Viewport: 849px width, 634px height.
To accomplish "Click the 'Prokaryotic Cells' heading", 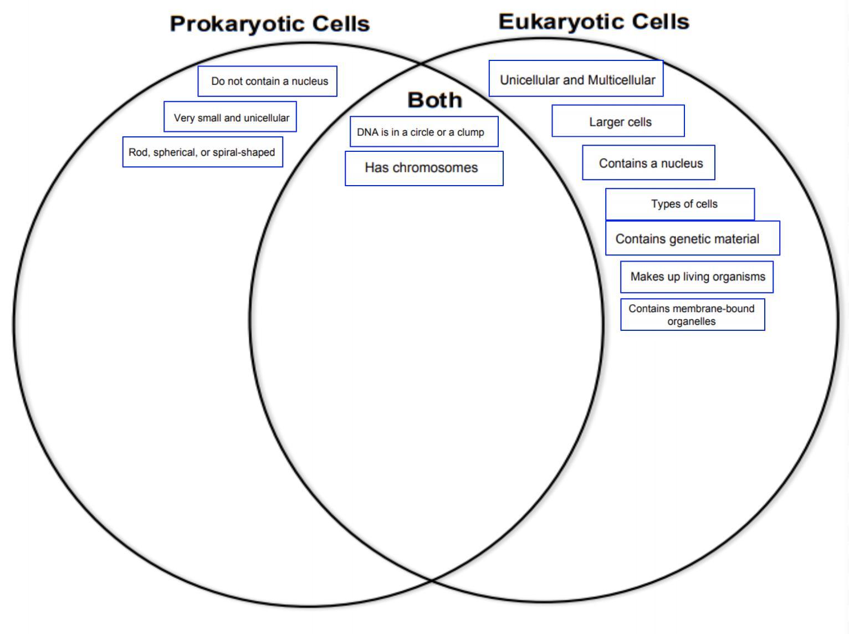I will [x=269, y=24].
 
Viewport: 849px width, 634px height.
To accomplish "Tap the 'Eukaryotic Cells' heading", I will [x=594, y=22].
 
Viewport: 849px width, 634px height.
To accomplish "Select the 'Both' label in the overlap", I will [x=434, y=100].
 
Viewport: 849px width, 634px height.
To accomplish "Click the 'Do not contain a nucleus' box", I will [x=268, y=81].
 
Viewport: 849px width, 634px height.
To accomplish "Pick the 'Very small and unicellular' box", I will [x=230, y=117].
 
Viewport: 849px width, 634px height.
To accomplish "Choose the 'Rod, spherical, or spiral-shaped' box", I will [x=202, y=152].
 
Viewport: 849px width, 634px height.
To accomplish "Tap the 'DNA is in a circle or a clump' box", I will [x=424, y=132].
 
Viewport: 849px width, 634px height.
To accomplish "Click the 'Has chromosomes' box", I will [x=424, y=168].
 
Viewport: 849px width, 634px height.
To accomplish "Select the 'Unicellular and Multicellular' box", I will [x=576, y=79].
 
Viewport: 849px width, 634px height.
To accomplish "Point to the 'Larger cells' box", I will [x=618, y=121].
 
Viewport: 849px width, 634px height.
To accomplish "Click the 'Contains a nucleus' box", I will [x=648, y=163].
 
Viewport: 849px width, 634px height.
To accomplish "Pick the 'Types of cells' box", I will [x=680, y=204].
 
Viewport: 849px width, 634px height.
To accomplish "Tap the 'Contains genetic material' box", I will [x=692, y=238].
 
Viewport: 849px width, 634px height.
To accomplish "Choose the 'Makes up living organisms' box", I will [x=697, y=277].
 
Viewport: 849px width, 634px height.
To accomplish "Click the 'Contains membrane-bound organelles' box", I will [x=692, y=315].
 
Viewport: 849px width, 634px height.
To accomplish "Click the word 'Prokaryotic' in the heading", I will [x=237, y=24].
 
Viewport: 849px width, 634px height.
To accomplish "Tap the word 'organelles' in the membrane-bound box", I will [x=691, y=321].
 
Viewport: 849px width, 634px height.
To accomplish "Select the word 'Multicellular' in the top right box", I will [x=621, y=80].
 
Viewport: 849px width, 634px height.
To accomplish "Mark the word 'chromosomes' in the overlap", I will [x=435, y=168].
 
